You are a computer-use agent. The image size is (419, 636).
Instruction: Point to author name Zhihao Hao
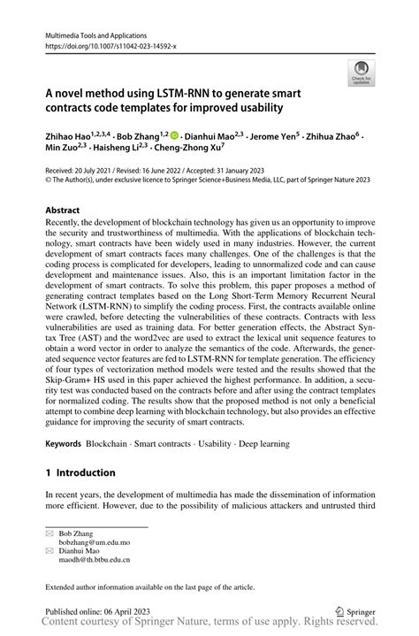point(72,137)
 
